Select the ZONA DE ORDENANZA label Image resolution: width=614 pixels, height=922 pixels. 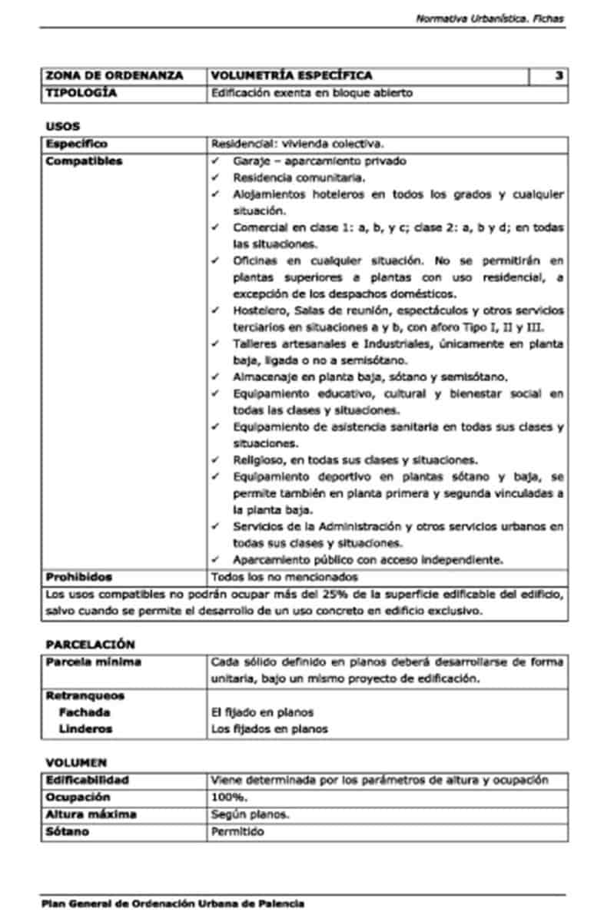(x=114, y=75)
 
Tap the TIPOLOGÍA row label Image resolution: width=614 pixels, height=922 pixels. (x=81, y=93)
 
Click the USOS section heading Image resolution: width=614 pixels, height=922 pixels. (x=62, y=126)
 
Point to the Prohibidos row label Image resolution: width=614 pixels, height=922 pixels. (x=78, y=576)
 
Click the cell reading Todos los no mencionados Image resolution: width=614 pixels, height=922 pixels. (x=284, y=576)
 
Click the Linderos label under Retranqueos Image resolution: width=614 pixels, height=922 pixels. (x=85, y=728)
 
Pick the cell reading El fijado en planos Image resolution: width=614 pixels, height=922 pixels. (x=262, y=712)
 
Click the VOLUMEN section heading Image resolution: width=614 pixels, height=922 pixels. (x=76, y=762)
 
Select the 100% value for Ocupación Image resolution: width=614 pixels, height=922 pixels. (x=229, y=797)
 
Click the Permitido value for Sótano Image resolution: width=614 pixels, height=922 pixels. (x=237, y=831)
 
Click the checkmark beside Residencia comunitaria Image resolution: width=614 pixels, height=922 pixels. (x=217, y=177)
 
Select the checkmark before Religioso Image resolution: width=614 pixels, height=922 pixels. (x=217, y=460)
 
